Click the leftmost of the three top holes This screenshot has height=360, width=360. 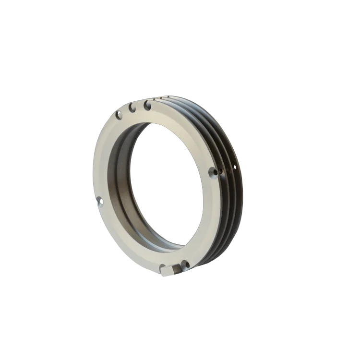[118, 115]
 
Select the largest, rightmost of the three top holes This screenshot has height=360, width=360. [147, 104]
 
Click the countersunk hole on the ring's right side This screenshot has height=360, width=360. [212, 171]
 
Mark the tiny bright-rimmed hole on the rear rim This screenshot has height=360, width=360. [234, 167]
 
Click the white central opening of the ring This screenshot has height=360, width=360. [168, 187]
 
